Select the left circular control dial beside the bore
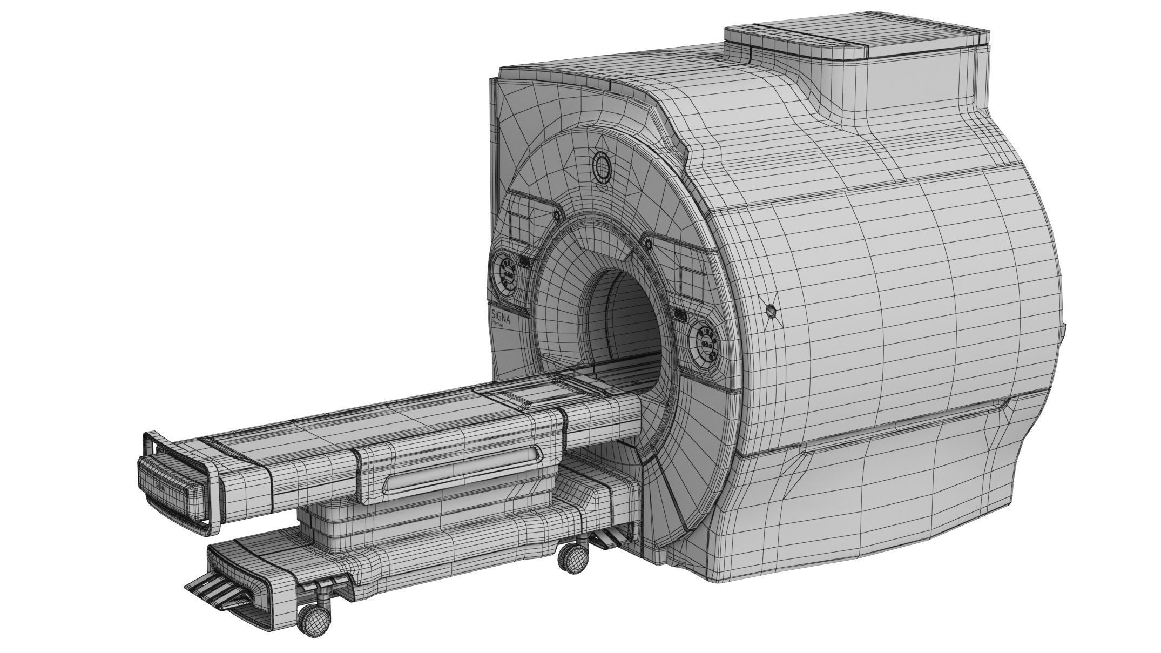(508, 273)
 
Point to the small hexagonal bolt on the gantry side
(771, 310)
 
